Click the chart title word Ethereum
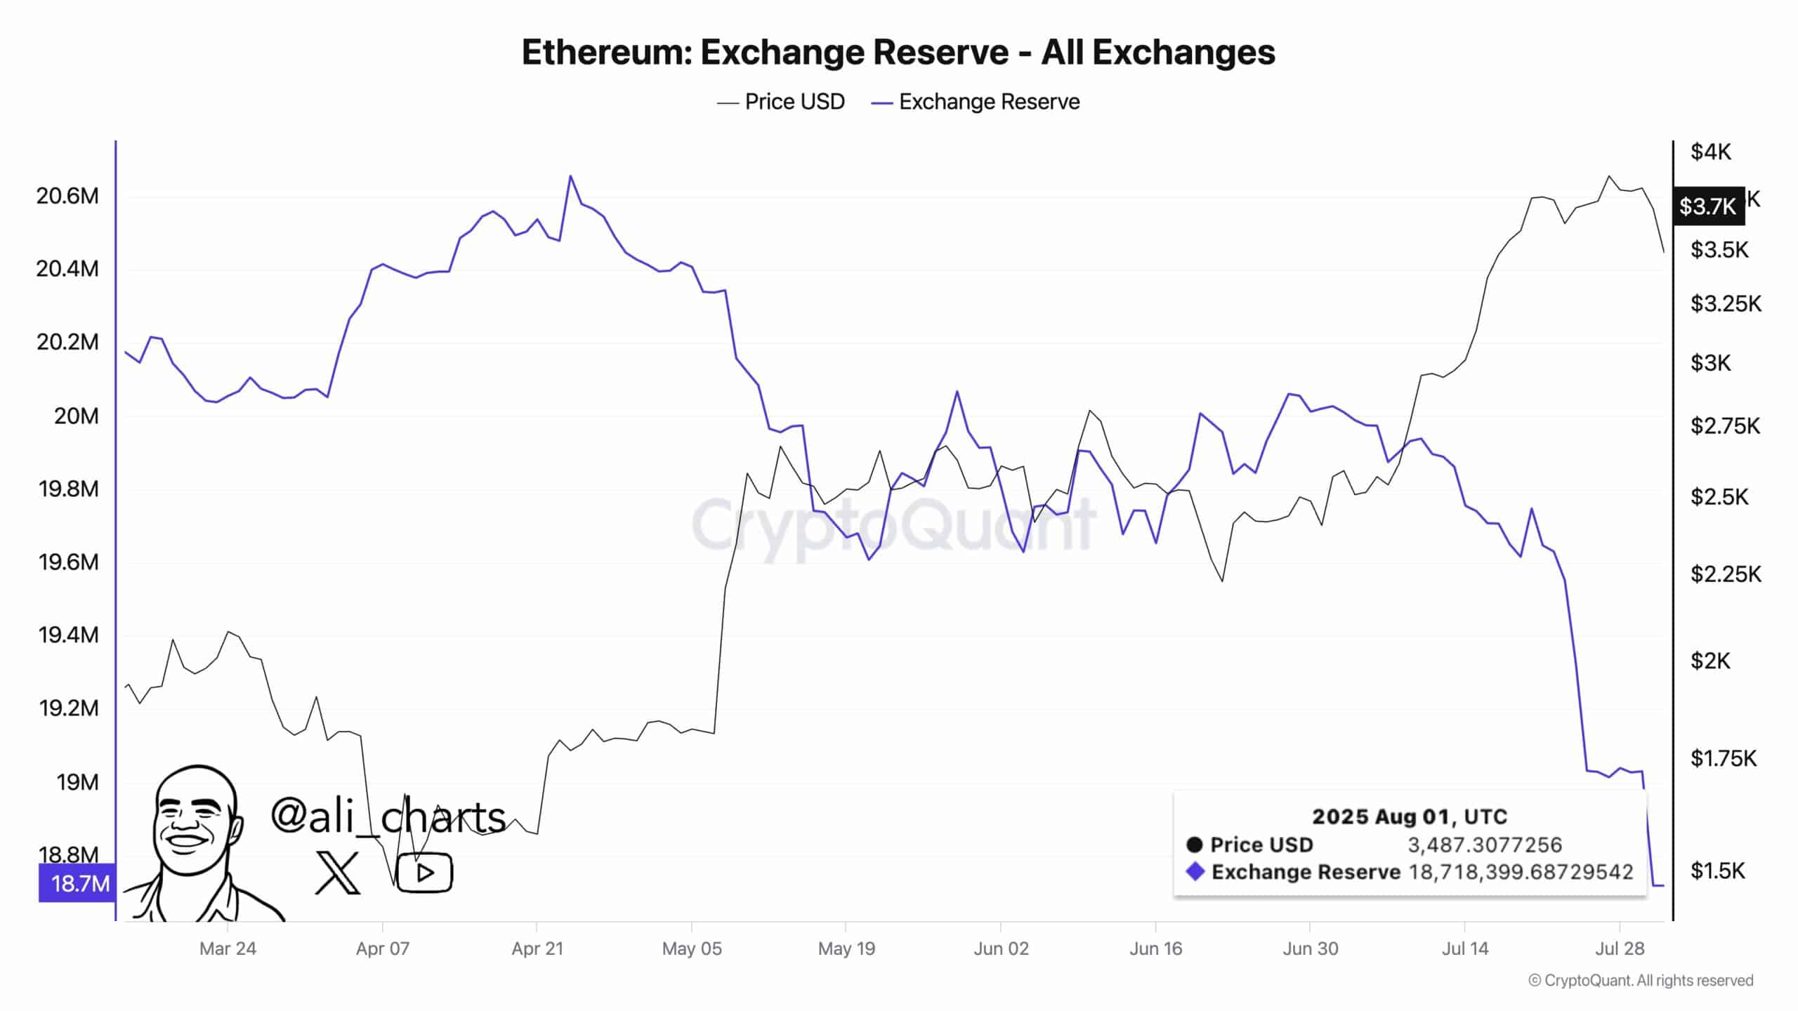[x=605, y=52]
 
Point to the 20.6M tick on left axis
[x=67, y=196]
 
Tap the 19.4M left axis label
[x=68, y=635]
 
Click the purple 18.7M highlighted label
[x=77, y=883]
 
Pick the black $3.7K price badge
[x=1707, y=206]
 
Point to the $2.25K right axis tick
[x=1725, y=574]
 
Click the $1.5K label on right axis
[x=1717, y=871]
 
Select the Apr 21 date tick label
[x=537, y=949]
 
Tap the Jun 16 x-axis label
[x=1155, y=949]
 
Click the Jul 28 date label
[x=1620, y=949]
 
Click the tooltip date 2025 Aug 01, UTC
[x=1410, y=817]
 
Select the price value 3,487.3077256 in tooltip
[x=1484, y=845]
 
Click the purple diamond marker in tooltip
[x=1195, y=872]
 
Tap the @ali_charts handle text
[x=388, y=817]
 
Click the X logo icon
[x=337, y=873]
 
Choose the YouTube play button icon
[x=424, y=873]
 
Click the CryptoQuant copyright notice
[x=1641, y=980]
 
